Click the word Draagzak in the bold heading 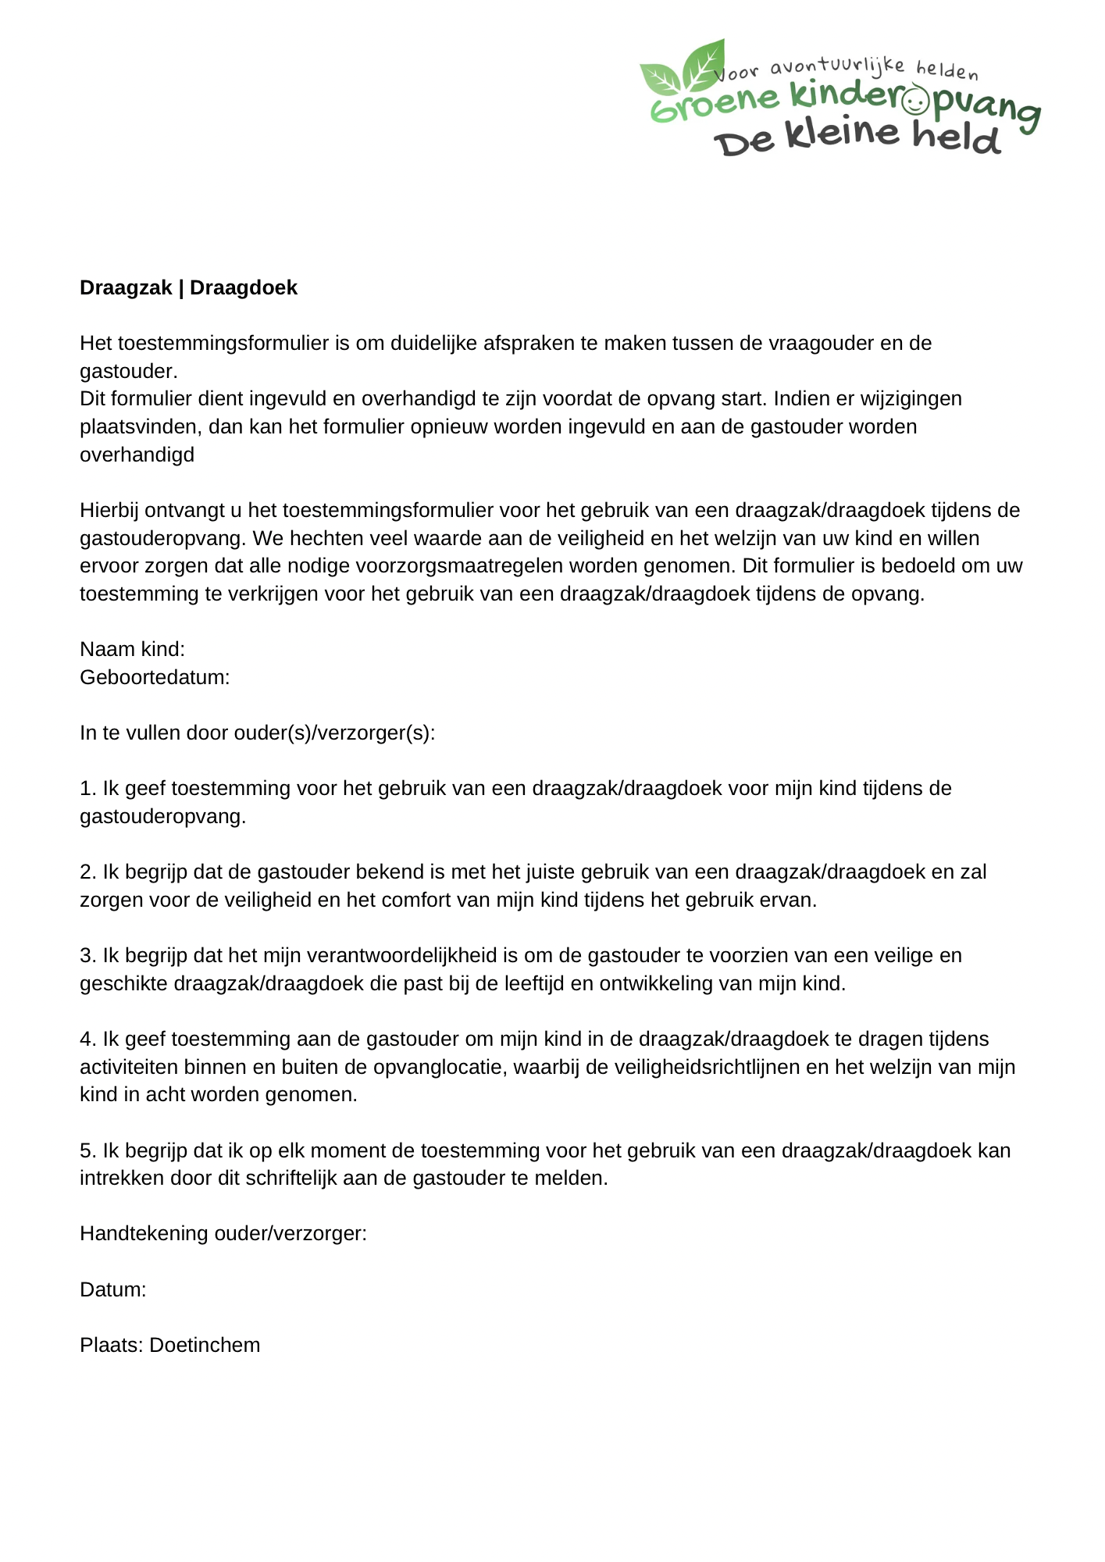(126, 288)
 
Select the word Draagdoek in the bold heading (244, 288)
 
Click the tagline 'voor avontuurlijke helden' (847, 70)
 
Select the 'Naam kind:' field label (132, 649)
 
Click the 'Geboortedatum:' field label (155, 677)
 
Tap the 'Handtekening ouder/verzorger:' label (223, 1233)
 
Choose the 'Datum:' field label (113, 1289)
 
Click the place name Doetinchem (205, 1345)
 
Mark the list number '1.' (87, 788)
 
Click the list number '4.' (87, 1039)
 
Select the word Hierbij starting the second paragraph (109, 510)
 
